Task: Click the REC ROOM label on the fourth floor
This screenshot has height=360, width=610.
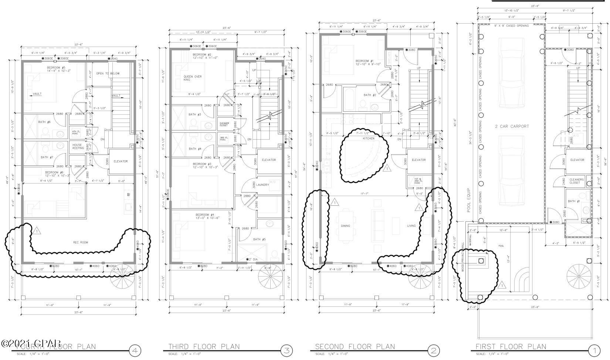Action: [x=81, y=243]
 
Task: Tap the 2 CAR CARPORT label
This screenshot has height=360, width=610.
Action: [x=512, y=127]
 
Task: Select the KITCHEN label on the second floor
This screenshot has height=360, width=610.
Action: [x=368, y=138]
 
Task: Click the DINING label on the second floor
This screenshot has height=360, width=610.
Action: [x=345, y=226]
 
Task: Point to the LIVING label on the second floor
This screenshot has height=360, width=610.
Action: [x=411, y=226]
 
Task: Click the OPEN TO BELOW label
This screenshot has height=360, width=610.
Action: [x=108, y=74]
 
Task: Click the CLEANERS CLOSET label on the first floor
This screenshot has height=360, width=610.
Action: [x=577, y=181]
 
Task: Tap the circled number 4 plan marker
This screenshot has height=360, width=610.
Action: [x=135, y=350]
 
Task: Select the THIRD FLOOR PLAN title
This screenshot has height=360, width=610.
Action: [x=204, y=347]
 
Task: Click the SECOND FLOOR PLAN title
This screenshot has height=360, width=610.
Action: [x=355, y=347]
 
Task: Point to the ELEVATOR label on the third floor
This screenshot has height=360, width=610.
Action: [x=269, y=160]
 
